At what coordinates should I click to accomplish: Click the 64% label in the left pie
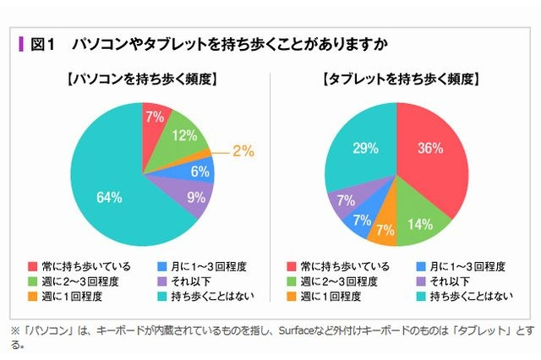point(111,198)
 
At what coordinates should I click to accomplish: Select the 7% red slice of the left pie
point(153,118)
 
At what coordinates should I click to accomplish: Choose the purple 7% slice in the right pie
point(346,200)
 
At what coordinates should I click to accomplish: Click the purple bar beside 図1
point(20,44)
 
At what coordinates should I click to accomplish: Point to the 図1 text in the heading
point(42,44)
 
